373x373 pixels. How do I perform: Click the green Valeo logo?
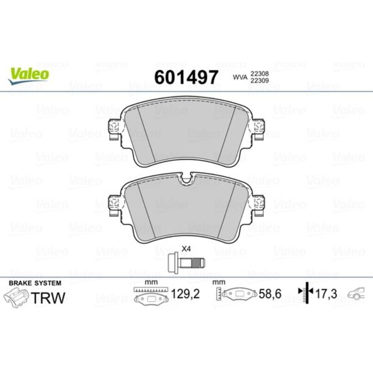pyautogui.click(x=28, y=75)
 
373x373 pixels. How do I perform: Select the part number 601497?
pyautogui.click(x=186, y=77)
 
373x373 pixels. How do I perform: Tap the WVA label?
pyautogui.click(x=240, y=77)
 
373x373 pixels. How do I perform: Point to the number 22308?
pyautogui.click(x=259, y=73)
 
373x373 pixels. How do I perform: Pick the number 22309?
pyautogui.click(x=259, y=81)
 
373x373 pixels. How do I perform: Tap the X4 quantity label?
pyautogui.click(x=186, y=249)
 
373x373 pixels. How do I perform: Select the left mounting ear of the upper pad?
pyautogui.click(x=115, y=130)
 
